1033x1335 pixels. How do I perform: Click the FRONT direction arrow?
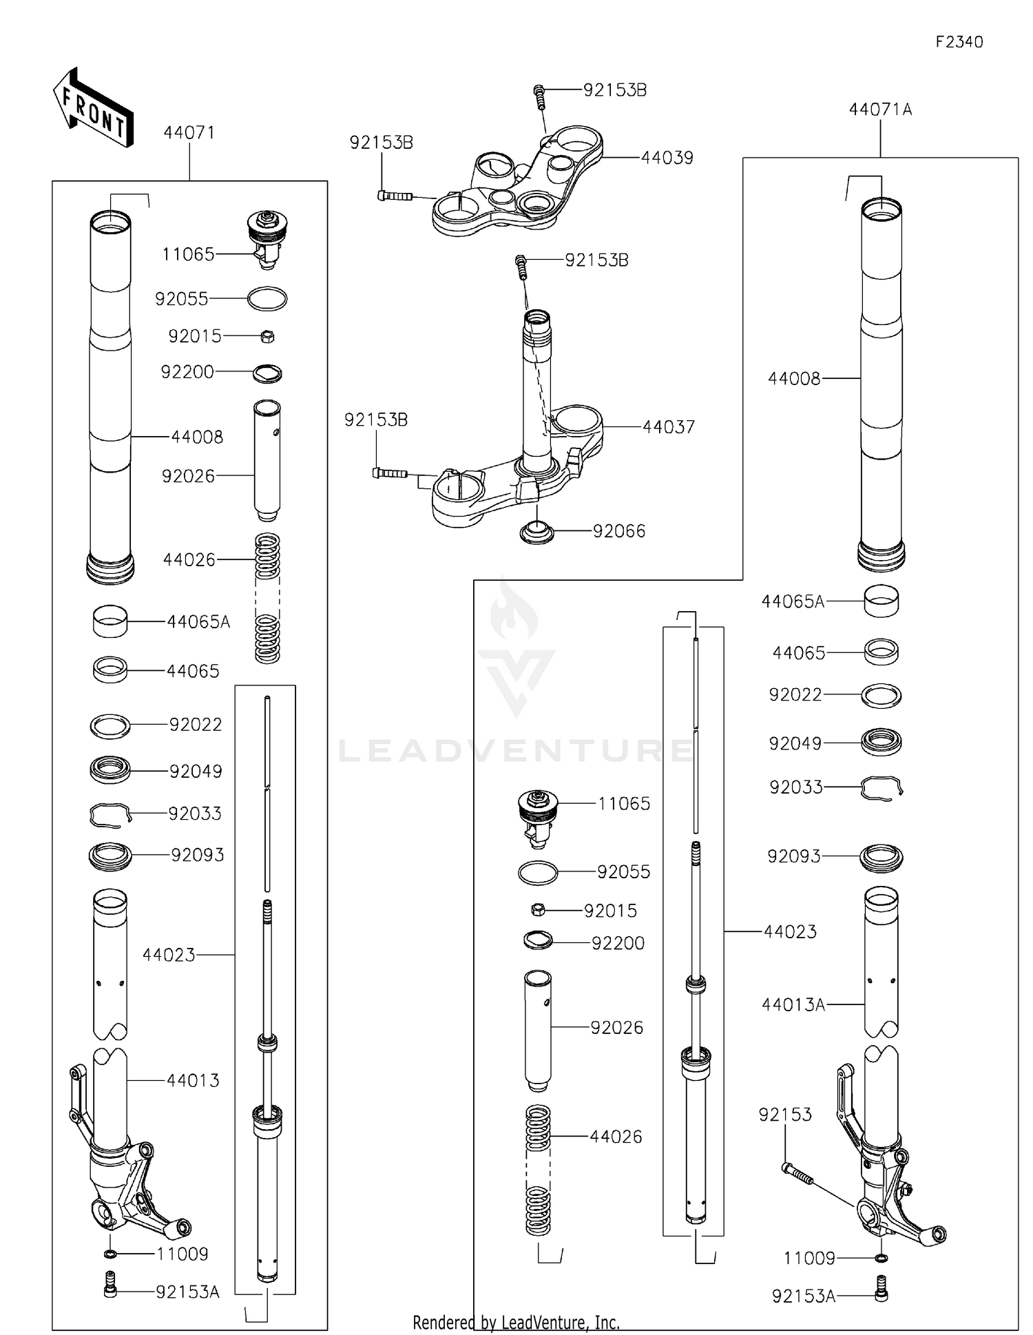93,107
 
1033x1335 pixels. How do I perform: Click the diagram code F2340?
959,42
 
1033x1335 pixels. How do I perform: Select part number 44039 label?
667,158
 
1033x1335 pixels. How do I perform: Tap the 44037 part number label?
668,427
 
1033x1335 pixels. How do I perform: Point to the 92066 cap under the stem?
536,532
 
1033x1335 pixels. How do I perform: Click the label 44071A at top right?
880,110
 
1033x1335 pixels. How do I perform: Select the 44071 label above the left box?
189,133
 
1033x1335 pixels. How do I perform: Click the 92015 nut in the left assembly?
269,337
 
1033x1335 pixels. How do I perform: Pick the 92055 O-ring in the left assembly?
267,299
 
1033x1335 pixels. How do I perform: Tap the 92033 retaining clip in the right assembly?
881,787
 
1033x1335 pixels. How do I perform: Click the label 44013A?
793,1005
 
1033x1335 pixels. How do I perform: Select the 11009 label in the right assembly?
808,1259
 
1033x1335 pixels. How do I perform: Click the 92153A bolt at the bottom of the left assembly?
110,1292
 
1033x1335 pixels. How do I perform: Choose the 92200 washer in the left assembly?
267,373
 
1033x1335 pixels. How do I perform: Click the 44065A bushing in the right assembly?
881,601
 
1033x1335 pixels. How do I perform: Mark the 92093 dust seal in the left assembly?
110,856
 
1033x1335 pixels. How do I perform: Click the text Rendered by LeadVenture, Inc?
516,1323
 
